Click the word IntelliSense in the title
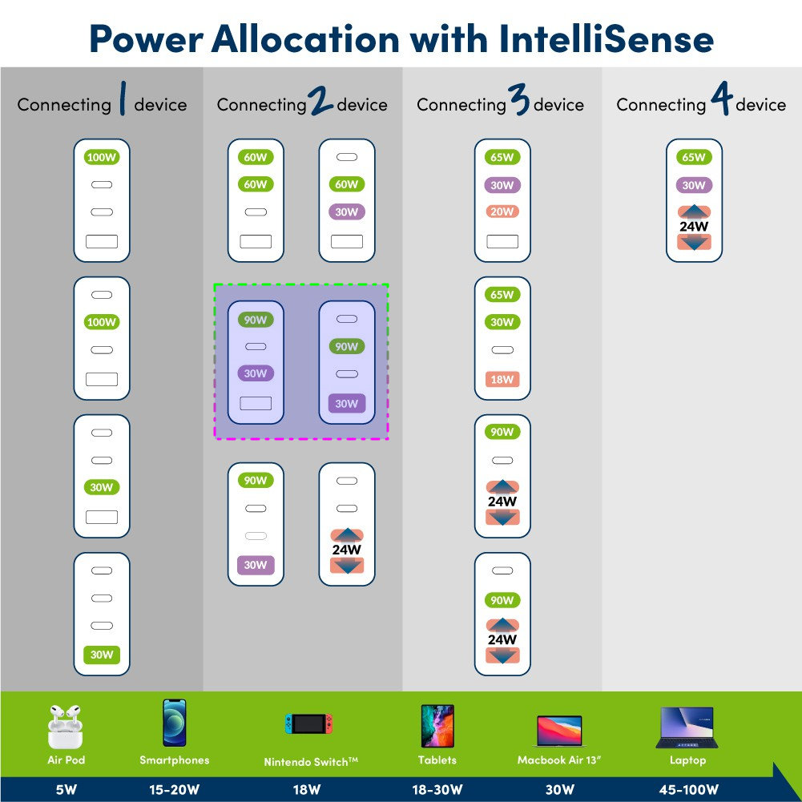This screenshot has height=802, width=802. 606,39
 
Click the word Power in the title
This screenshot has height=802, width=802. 147,40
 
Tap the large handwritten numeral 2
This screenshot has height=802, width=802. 320,100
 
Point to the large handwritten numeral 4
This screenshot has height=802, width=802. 722,99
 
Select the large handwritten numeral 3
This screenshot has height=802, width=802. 519,99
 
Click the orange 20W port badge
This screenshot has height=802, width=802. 502,212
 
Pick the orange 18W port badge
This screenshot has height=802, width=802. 502,380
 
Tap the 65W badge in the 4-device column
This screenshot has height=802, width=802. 694,157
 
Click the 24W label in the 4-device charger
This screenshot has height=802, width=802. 694,226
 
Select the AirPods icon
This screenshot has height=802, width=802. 65,727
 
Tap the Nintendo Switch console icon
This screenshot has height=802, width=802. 309,723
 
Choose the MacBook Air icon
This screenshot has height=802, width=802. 559,731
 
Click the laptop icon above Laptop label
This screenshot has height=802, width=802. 687,727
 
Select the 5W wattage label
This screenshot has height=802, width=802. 66,789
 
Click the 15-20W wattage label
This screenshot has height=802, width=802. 175,789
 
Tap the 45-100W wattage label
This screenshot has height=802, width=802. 688,789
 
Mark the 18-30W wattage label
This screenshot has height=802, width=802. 437,789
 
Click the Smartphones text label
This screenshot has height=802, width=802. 175,760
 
